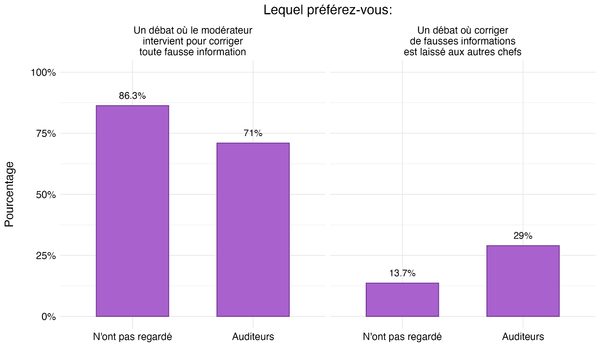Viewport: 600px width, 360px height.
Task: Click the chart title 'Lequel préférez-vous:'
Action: tap(328, 10)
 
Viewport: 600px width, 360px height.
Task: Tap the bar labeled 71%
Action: tap(253, 229)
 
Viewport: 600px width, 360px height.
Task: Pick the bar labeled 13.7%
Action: tap(402, 300)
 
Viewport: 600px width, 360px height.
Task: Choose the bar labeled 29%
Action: tap(523, 281)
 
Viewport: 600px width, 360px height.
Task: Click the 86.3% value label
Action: tap(132, 96)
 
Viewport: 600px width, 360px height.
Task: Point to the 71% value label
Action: tap(253, 133)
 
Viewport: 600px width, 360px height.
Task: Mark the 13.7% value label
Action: tap(402, 273)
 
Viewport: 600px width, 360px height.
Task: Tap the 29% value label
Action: tap(523, 236)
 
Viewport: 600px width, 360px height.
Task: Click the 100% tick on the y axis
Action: tap(43, 73)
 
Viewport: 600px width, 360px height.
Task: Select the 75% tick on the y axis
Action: tap(46, 134)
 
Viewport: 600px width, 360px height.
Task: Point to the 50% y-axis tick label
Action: tap(46, 195)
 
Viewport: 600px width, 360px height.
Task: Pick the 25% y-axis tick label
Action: tap(46, 256)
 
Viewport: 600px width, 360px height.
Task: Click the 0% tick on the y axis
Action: tap(49, 317)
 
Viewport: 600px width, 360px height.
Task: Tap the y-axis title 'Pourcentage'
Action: tap(9, 194)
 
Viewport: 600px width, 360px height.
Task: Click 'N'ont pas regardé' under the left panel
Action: tap(132, 337)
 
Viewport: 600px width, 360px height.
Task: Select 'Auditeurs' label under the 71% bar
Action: tap(253, 337)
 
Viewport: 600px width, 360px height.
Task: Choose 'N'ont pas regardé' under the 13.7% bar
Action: tap(402, 337)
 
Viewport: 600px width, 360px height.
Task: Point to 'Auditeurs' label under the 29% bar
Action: tap(523, 337)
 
